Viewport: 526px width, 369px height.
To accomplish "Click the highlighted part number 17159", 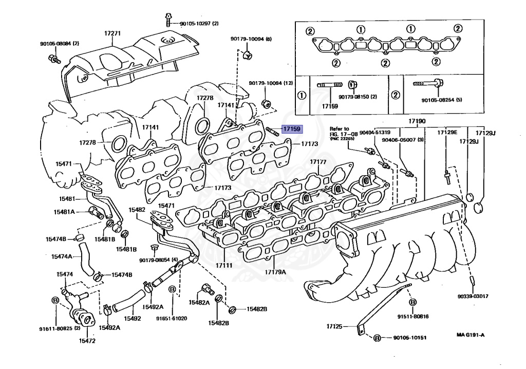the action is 292,128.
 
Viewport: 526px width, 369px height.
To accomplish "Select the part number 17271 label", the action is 112,33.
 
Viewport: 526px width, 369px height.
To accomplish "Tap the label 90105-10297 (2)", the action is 199,24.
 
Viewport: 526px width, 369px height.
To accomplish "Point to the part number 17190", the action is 417,121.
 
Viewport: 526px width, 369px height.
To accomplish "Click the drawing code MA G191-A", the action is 471,335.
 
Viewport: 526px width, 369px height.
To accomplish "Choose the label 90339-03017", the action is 473,297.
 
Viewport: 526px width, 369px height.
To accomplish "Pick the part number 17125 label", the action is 334,326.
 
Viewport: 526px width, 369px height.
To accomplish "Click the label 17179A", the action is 275,272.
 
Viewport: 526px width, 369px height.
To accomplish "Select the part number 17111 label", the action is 224,266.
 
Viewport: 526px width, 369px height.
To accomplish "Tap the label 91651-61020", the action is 172,318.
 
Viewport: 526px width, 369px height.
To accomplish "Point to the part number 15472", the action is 87,341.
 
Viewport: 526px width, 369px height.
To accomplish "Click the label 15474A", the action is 62,256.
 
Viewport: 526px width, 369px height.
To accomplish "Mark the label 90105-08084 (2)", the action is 60,44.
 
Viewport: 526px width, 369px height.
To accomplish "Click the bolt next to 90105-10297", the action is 168,20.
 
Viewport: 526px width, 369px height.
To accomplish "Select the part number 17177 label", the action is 318,162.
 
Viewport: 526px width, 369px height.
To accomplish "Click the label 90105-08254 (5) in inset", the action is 442,100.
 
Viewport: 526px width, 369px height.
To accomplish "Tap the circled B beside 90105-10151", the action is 377,338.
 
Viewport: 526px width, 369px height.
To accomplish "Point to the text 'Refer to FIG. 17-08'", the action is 340,131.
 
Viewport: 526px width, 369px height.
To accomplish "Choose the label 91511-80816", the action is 414,316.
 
